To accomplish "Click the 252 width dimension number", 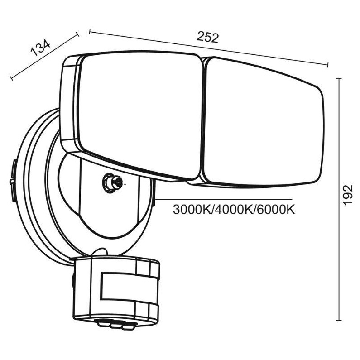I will pos(207,37).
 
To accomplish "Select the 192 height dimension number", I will pos(348,195).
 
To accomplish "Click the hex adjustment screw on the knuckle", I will pos(110,182).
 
